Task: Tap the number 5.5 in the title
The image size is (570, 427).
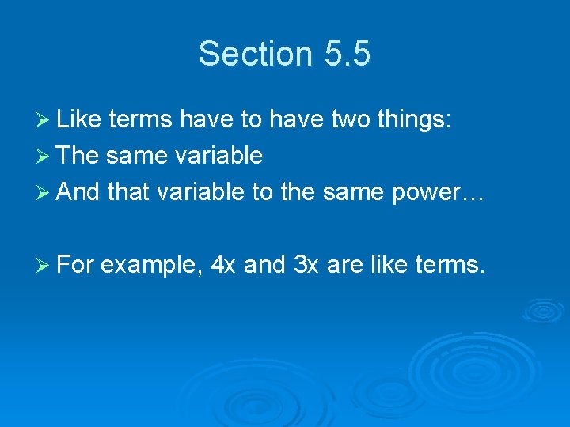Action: [347, 54]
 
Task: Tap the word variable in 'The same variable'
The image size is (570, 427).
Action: [213, 156]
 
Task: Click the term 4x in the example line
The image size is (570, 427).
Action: [224, 265]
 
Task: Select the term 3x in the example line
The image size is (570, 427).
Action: [305, 265]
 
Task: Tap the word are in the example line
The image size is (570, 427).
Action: [343, 265]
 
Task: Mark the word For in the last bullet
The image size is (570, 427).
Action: [76, 265]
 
